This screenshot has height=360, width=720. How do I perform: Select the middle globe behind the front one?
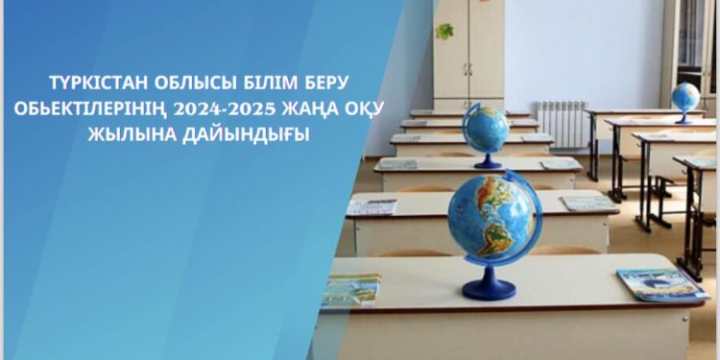[486, 129]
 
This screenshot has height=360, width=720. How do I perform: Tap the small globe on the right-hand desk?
[685, 98]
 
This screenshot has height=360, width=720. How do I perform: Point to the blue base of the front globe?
[490, 288]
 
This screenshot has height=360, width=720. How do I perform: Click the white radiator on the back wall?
[562, 123]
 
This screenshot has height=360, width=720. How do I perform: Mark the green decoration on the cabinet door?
[445, 32]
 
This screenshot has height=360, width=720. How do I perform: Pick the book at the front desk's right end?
[661, 284]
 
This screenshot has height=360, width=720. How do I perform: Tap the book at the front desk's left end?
[352, 289]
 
